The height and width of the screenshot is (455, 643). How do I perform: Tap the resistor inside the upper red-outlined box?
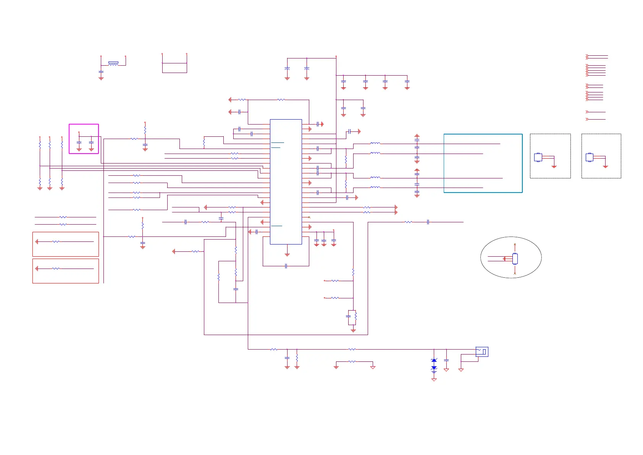(56, 241)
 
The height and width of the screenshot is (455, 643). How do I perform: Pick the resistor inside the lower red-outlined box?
(56, 269)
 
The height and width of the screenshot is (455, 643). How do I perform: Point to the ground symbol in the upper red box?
(37, 241)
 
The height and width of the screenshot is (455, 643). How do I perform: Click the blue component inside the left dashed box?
(538, 157)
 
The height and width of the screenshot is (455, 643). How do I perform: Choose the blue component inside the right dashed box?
(590, 157)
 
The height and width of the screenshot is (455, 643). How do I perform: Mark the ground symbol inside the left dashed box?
(554, 166)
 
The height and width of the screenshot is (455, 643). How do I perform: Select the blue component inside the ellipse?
(515, 259)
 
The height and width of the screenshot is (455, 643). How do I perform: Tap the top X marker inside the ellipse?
(515, 245)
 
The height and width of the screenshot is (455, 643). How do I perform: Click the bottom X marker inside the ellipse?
(515, 273)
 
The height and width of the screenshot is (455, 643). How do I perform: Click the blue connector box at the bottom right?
(482, 351)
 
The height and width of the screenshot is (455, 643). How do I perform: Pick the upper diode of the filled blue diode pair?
(434, 361)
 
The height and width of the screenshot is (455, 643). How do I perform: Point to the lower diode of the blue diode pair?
(434, 368)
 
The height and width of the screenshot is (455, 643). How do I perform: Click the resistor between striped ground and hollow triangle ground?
(352, 361)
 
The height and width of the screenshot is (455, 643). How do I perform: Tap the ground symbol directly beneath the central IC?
(287, 254)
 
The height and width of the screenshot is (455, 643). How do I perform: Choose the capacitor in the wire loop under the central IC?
(286, 266)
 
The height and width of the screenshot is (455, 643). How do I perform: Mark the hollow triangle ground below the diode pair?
(434, 380)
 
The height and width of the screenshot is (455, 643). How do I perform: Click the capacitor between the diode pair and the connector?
(446, 360)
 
